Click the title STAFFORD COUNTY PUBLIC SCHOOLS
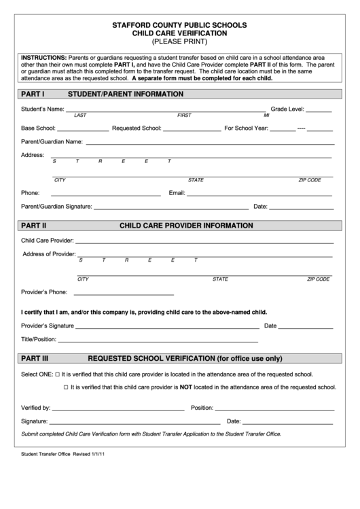(x=179, y=24)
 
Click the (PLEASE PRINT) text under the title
(x=179, y=41)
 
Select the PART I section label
(x=33, y=92)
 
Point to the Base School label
(x=37, y=127)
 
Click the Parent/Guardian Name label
(x=52, y=141)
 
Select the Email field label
(x=177, y=192)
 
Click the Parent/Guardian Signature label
(x=56, y=206)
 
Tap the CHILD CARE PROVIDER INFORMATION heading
(x=186, y=226)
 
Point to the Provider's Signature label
(x=48, y=326)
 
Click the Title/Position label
(x=38, y=338)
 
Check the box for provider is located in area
(x=56, y=374)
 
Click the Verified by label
(x=36, y=408)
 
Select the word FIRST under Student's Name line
(x=184, y=116)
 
